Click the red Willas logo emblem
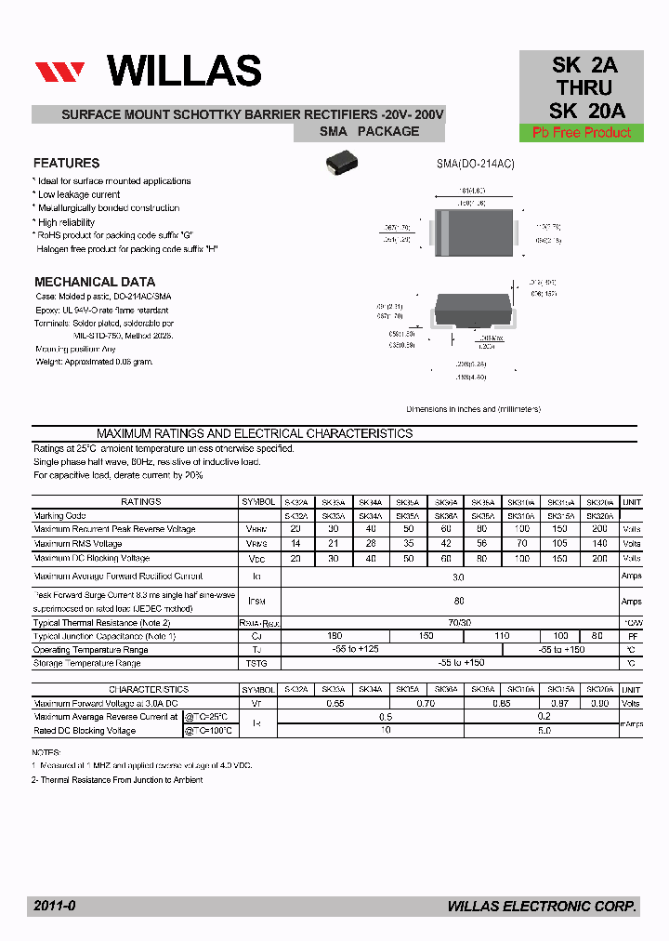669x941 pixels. coord(60,73)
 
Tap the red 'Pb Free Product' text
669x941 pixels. coord(582,133)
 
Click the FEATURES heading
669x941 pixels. coord(67,163)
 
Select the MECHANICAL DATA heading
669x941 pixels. coord(95,282)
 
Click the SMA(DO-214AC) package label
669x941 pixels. coord(475,164)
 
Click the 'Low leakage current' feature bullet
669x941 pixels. coord(78,194)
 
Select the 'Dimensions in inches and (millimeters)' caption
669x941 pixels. coord(473,409)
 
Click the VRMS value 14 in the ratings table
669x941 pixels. coord(295,543)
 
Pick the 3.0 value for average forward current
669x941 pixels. coord(458,577)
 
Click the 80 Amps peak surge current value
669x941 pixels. coord(458,602)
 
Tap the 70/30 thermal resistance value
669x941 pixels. coord(458,623)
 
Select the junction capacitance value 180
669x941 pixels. coord(334,636)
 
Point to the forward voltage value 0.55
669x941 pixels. coord(334,704)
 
